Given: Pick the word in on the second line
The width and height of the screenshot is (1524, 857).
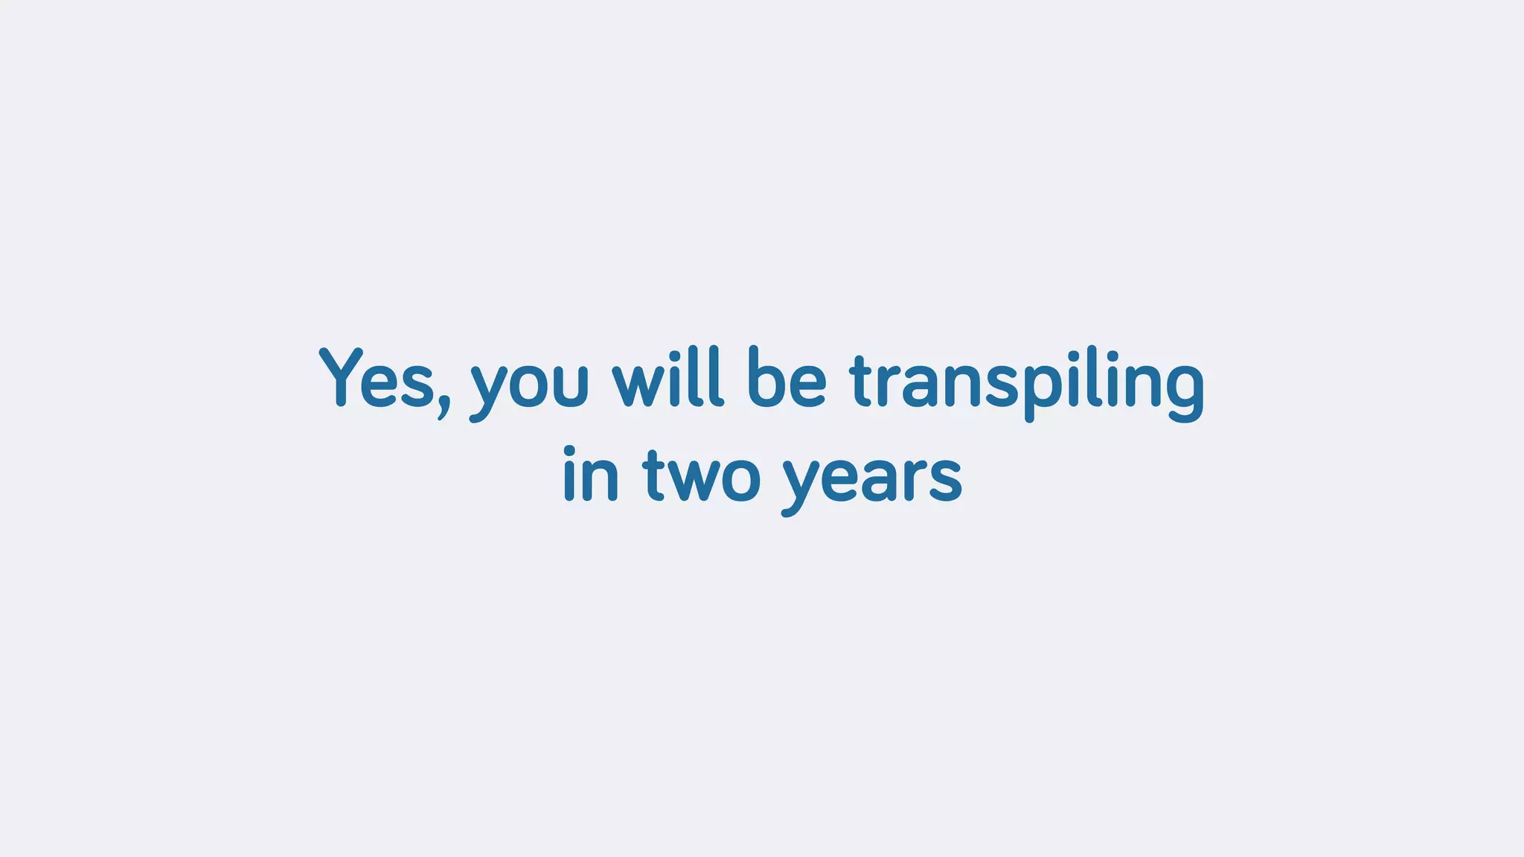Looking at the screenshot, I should coord(591,474).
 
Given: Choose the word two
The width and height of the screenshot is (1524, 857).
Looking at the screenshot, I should coord(702,476).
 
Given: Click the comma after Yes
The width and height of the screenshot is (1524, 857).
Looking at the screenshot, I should coord(444,406).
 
